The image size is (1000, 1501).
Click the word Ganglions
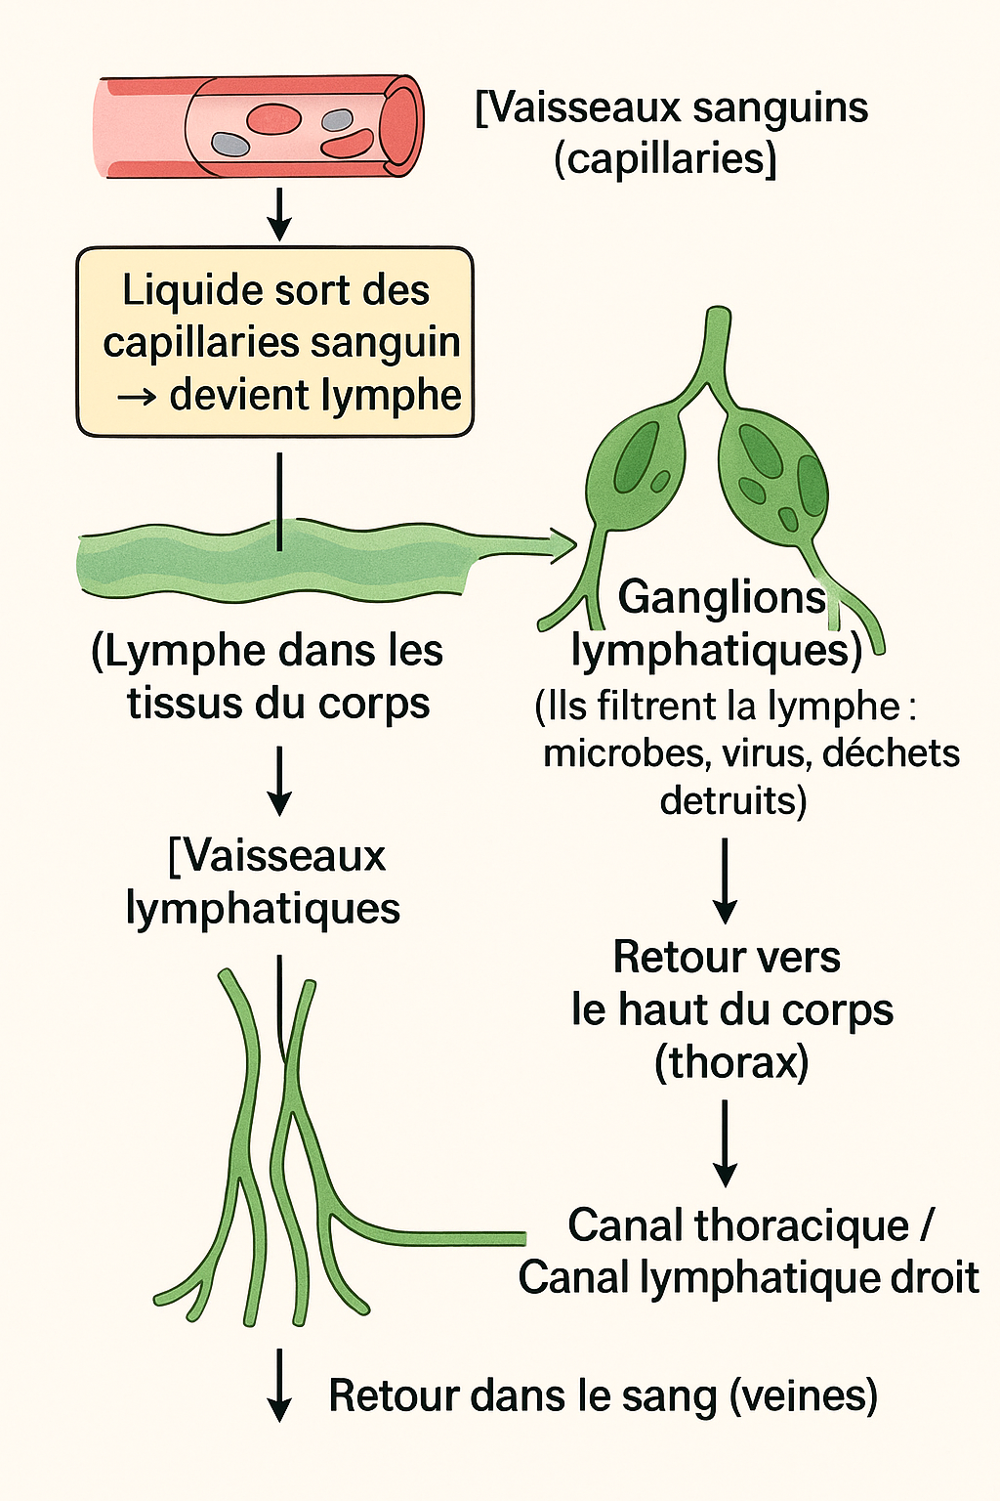722,597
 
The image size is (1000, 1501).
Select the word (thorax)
731,1062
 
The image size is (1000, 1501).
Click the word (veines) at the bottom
804,1395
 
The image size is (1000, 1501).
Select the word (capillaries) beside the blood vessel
665,158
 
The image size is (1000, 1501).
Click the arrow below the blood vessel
280,215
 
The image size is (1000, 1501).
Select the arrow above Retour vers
725,879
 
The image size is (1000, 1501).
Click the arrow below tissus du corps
280,780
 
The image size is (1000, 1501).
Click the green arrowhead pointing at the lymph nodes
561,545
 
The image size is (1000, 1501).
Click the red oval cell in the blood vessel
272,119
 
